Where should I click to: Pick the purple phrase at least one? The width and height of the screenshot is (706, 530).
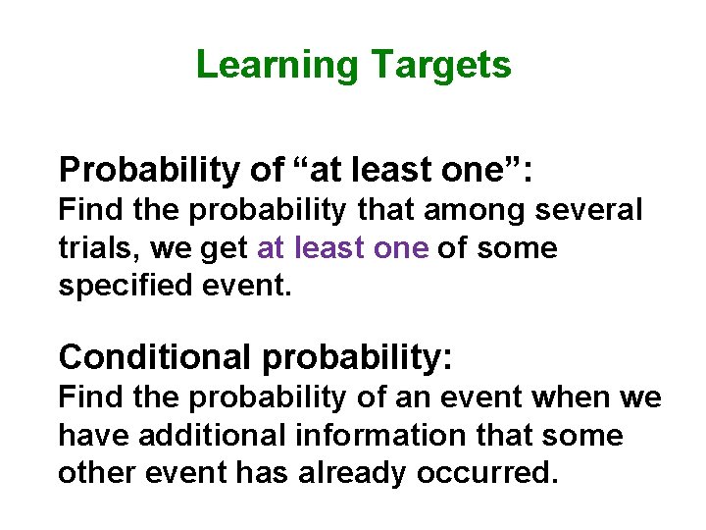click(342, 248)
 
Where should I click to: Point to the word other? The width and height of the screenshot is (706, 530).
click(95, 473)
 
